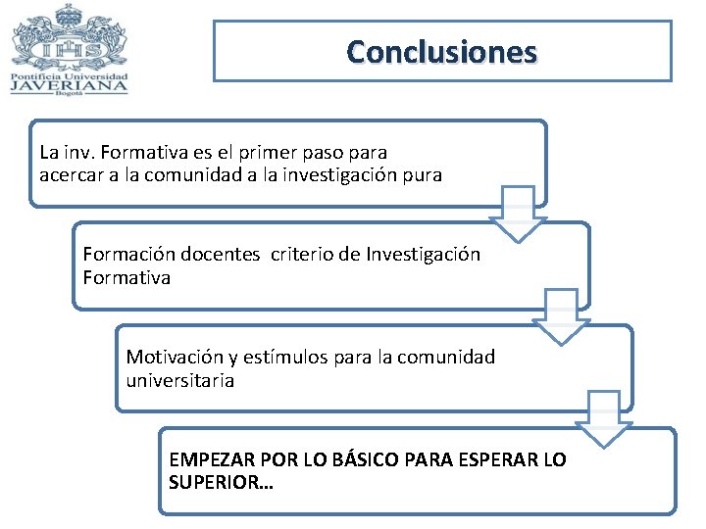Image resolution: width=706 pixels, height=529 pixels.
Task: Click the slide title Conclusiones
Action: coord(441,51)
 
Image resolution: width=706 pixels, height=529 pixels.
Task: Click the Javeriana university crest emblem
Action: coord(69,39)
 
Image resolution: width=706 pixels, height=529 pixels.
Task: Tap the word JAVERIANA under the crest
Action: coord(69,84)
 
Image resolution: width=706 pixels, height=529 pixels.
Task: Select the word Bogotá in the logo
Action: coord(69,93)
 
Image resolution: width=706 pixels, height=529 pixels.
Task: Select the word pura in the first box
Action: coord(424,175)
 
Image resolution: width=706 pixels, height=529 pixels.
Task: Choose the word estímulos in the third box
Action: coord(279,358)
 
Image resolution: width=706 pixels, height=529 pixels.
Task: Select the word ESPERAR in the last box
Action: coord(499,459)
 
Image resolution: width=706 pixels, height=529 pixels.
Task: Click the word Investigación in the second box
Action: coord(424,255)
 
